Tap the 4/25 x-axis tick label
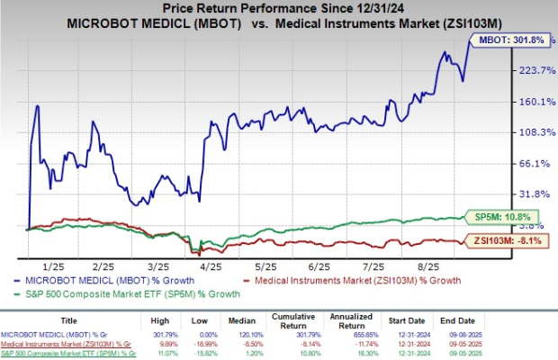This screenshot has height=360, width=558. click(x=211, y=267)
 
